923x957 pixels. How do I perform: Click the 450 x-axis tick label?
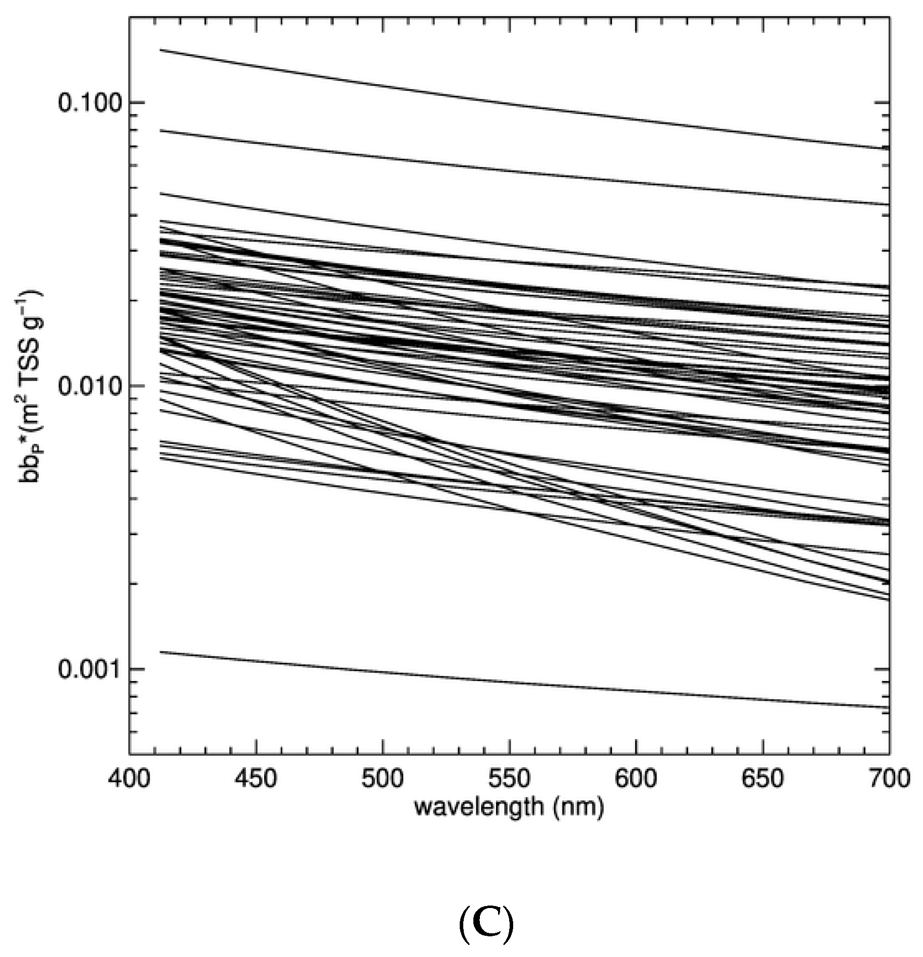[257, 778]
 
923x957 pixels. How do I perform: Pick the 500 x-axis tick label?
[384, 778]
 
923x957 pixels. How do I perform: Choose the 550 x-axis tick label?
[510, 778]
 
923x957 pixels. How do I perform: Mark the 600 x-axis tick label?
[636, 778]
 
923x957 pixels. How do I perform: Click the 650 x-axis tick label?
[763, 778]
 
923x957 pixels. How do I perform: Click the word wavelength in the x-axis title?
[478, 807]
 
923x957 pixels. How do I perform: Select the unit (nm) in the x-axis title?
[578, 807]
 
